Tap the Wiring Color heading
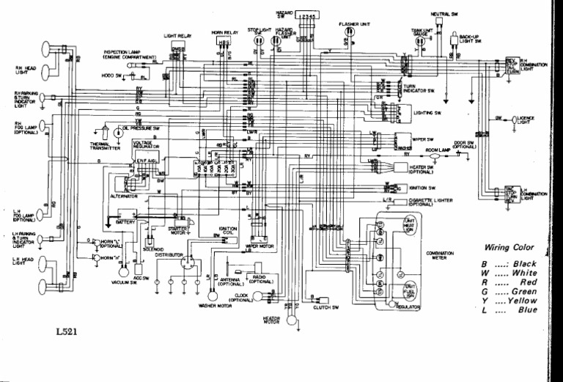[509, 247]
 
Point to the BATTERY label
[127, 221]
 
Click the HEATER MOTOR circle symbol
[293, 320]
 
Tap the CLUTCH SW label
[325, 306]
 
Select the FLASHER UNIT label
[354, 23]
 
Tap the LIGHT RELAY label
[178, 34]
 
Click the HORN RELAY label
[225, 33]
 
